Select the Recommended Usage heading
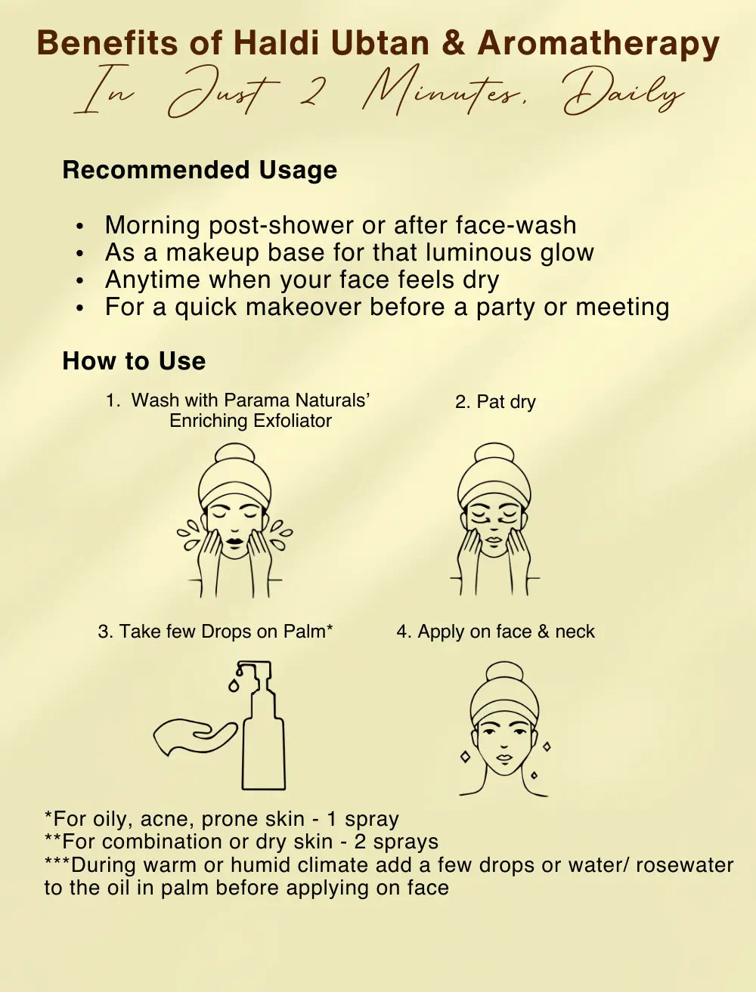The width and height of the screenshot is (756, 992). pyautogui.click(x=200, y=171)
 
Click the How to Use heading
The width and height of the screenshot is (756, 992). pyautogui.click(x=134, y=361)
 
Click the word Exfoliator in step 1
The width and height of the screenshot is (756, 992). pyautogui.click(x=292, y=421)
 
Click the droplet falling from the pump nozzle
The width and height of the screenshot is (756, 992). pyautogui.click(x=234, y=685)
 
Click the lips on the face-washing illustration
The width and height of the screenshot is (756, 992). pyautogui.click(x=234, y=542)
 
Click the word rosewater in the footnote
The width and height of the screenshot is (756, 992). pyautogui.click(x=685, y=865)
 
